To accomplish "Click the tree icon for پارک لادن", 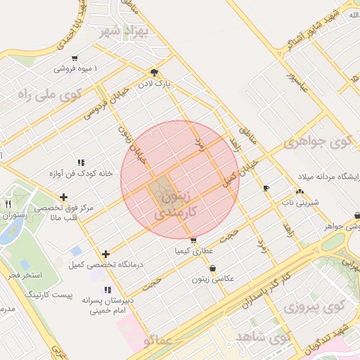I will pyautogui.click(x=154, y=72).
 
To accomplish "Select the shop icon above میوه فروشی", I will pyautogui.click(x=75, y=58).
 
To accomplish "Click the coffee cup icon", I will pyautogui.click(x=266, y=188).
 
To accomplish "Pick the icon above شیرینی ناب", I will pyautogui.click(x=300, y=191).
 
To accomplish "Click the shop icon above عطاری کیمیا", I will pyautogui.click(x=193, y=240).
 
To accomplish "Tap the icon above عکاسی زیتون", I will pyautogui.click(x=212, y=268).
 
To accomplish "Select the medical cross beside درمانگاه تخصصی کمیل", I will pyautogui.click(x=105, y=254).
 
